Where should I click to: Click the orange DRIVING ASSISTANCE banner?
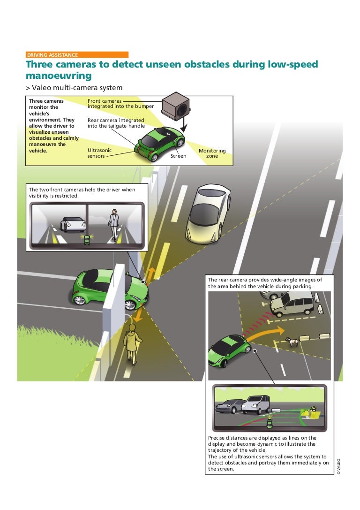[77, 55]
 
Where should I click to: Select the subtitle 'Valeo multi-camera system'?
[77, 88]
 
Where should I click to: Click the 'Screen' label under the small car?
[178, 156]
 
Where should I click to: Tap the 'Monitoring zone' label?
[212, 153]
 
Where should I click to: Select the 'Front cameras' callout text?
[105, 104]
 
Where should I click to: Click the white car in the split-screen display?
[74, 224]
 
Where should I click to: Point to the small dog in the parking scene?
[292, 342]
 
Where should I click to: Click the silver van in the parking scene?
[292, 304]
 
